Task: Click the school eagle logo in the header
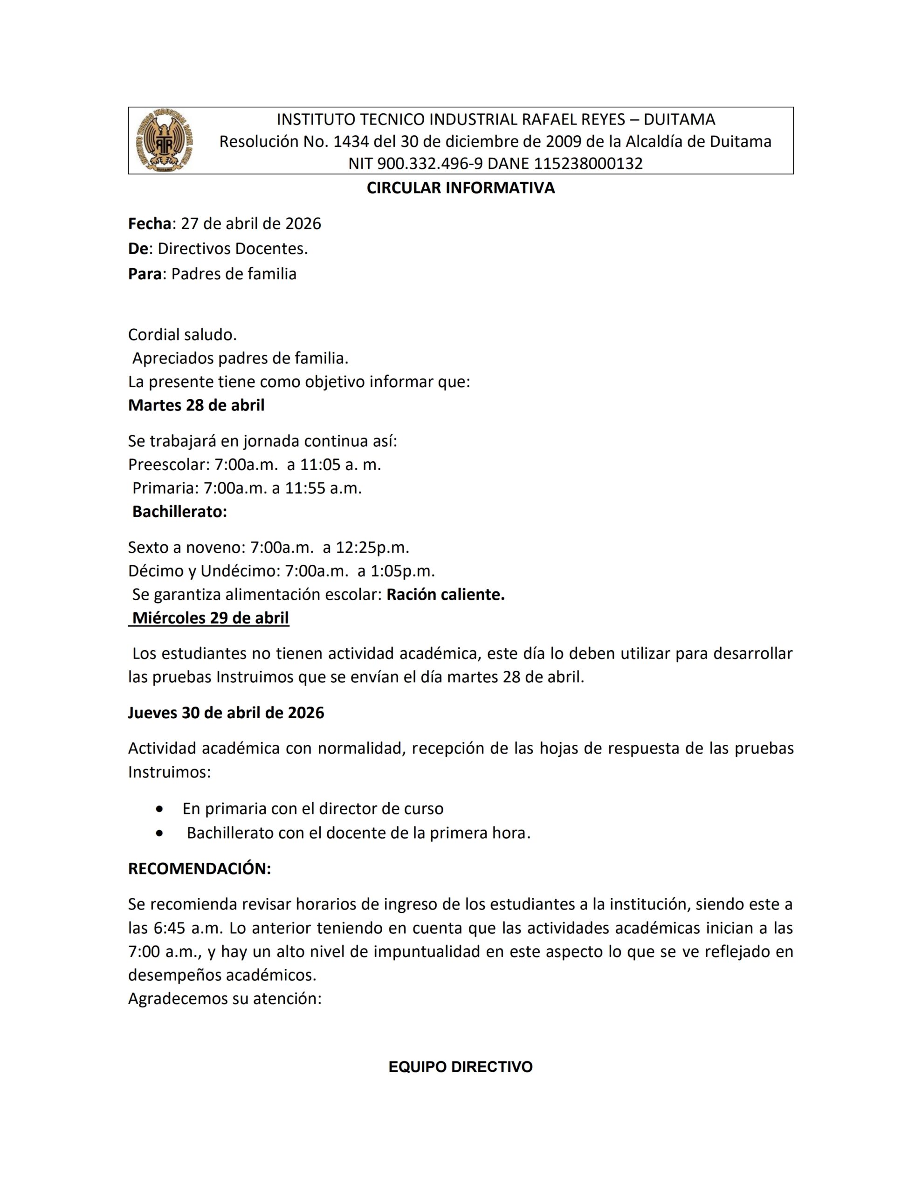(x=165, y=140)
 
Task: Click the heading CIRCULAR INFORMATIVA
(x=460, y=187)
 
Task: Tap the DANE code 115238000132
(x=588, y=163)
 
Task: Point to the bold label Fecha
(x=150, y=223)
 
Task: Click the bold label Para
(x=145, y=274)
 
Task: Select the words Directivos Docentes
(x=232, y=249)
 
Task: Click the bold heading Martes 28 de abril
(x=196, y=405)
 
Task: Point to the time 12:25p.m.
(x=374, y=547)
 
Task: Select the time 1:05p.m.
(x=403, y=571)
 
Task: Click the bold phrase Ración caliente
(x=446, y=594)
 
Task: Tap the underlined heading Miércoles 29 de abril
(x=210, y=618)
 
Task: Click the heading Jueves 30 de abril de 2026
(x=226, y=713)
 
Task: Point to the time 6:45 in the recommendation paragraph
(x=168, y=928)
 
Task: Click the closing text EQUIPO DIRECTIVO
(x=460, y=1067)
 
